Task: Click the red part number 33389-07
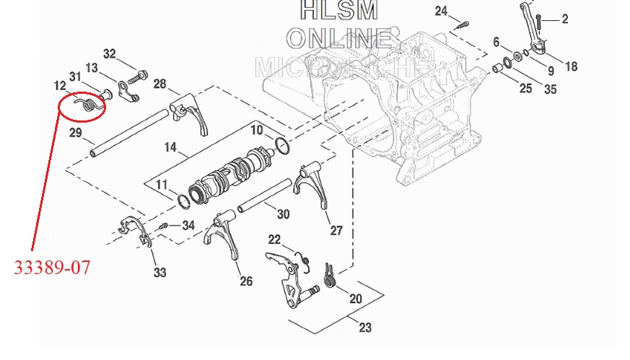tap(53, 267)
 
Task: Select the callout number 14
tap(170, 146)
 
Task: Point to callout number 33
tap(159, 272)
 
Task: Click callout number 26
tap(246, 281)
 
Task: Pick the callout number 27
tap(336, 231)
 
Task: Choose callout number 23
tap(365, 328)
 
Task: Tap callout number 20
tap(356, 299)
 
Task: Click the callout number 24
tap(441, 11)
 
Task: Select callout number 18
tap(571, 66)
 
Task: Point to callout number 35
tap(550, 89)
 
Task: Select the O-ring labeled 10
tap(282, 146)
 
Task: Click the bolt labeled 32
tap(138, 75)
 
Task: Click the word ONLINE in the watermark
tap(340, 38)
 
